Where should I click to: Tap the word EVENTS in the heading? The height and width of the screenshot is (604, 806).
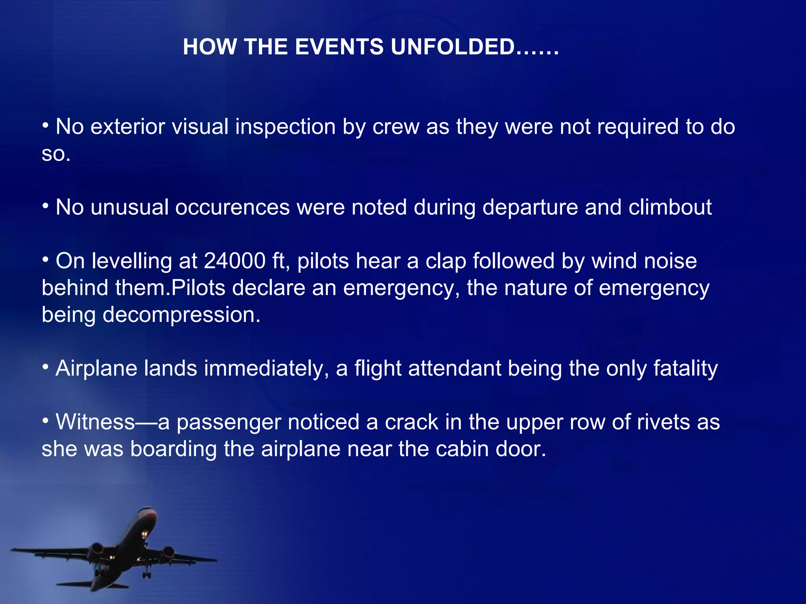click(x=338, y=47)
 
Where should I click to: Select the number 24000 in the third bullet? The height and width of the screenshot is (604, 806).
click(x=235, y=261)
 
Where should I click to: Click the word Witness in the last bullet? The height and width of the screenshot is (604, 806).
click(x=95, y=422)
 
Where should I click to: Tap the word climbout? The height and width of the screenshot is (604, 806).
click(x=670, y=207)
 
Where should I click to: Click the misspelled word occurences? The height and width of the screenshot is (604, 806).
click(x=232, y=207)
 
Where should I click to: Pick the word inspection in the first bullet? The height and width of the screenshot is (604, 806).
click(x=285, y=127)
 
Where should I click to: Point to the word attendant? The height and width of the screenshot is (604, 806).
click(x=454, y=369)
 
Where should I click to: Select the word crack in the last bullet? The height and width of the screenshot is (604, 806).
click(x=411, y=422)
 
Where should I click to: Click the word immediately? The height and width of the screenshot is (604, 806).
click(x=266, y=369)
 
